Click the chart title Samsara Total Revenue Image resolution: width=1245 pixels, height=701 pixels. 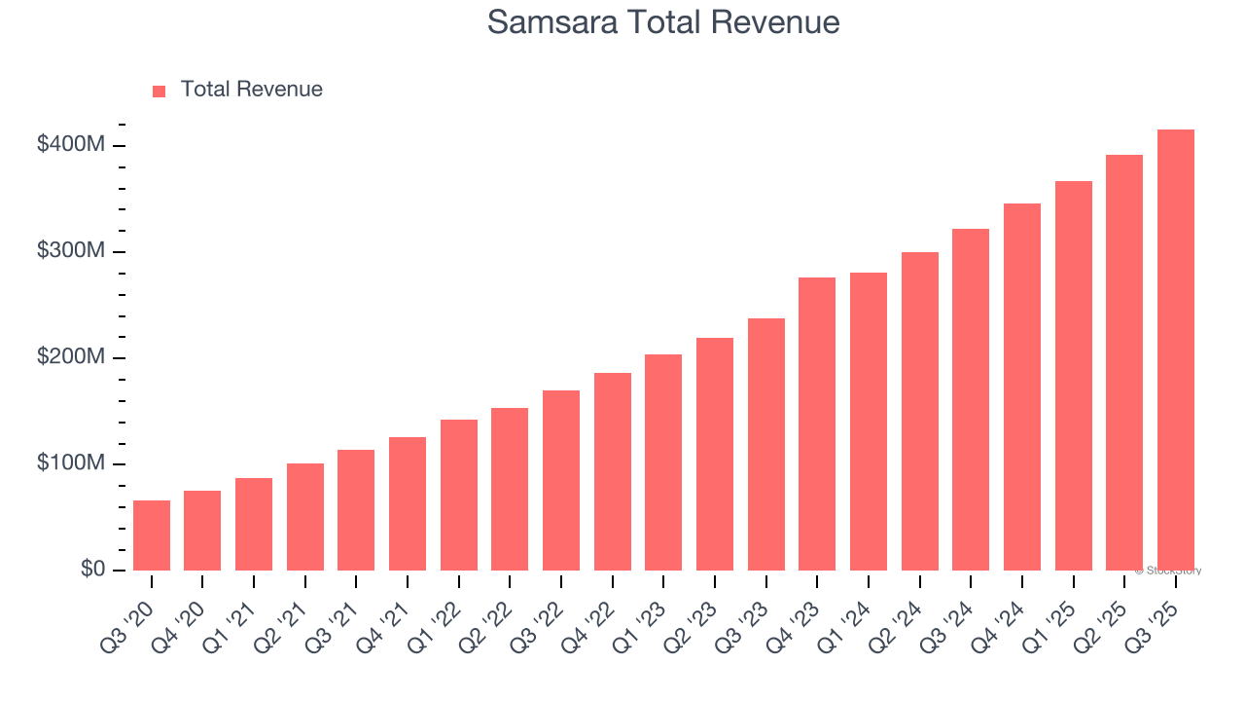click(x=663, y=21)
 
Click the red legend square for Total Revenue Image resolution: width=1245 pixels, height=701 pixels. click(x=160, y=91)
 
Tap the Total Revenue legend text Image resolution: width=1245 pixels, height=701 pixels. click(x=251, y=90)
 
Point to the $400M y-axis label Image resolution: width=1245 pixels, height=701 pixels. click(x=71, y=145)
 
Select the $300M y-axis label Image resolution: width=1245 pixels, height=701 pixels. click(x=71, y=251)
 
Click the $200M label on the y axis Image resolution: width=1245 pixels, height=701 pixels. click(x=71, y=357)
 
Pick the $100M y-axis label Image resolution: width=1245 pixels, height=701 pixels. click(x=71, y=463)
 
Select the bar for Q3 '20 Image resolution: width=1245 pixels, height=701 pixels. click(x=152, y=535)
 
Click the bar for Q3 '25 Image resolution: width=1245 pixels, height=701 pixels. click(x=1176, y=350)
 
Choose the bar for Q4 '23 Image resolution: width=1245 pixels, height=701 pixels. click(x=817, y=424)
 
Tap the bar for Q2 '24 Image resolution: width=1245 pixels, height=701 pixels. click(x=920, y=411)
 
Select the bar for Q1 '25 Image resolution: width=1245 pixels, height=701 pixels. click(x=1074, y=376)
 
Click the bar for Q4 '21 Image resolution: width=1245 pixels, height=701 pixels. click(x=408, y=503)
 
